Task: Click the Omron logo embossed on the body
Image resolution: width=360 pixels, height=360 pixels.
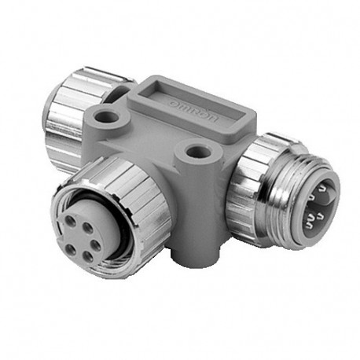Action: click(198, 110)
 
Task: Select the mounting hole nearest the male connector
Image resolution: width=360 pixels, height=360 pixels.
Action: click(190, 147)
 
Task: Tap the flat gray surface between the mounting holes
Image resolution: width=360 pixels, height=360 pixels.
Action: click(153, 134)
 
